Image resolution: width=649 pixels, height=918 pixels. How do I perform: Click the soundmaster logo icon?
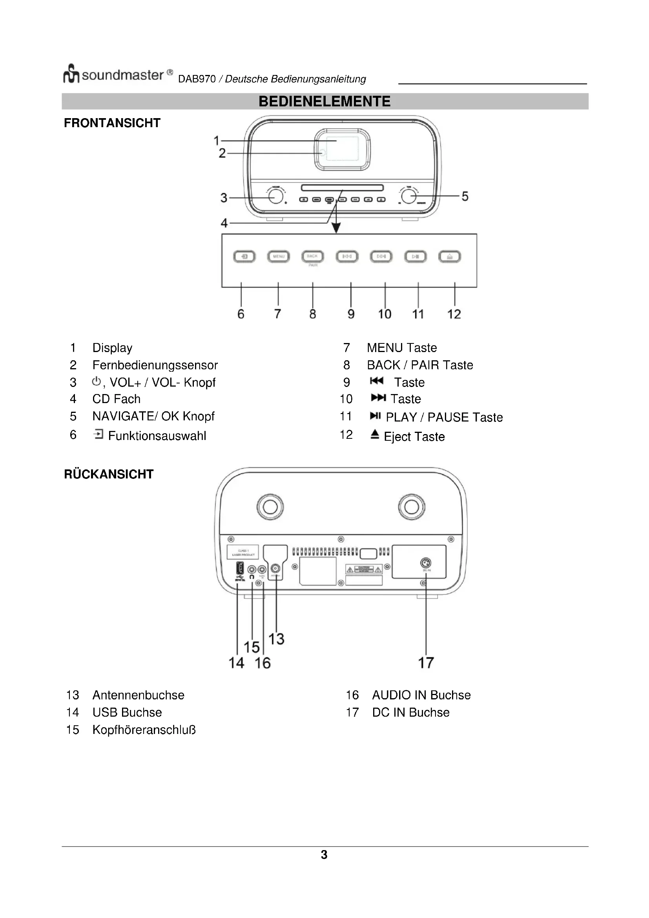pos(71,74)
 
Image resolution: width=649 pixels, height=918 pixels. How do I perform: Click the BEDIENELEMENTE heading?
pos(324,101)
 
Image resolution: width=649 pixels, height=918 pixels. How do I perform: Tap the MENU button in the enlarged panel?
pos(279,256)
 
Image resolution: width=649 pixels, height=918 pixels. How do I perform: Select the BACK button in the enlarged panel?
pos(312,256)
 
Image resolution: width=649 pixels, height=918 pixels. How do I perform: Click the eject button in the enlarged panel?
pos(450,256)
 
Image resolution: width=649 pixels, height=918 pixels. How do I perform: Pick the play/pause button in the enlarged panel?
pos(416,256)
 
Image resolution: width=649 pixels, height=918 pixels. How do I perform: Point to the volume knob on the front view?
pos(276,196)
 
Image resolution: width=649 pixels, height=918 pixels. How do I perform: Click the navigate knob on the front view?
pos(408,196)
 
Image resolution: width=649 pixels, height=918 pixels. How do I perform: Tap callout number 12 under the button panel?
pos(454,314)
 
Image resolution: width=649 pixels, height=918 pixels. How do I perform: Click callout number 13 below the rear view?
pos(276,639)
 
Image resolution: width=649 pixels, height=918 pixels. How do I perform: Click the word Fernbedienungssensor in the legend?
pos(155,365)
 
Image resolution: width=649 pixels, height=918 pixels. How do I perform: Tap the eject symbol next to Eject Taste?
pos(374,434)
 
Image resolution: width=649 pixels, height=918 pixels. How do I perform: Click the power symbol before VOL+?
pos(96,381)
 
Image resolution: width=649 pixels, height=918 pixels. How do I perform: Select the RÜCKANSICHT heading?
pos(109,474)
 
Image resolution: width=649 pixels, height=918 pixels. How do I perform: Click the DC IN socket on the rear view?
pos(427,562)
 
